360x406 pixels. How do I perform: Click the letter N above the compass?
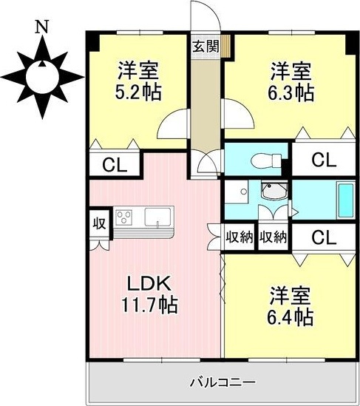point(42,28)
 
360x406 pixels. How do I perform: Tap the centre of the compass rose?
point(43,74)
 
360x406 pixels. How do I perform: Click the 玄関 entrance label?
point(206,45)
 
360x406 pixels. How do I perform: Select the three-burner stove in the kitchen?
point(124,217)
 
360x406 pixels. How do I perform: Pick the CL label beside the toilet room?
point(320,159)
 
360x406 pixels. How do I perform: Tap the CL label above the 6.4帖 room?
point(320,237)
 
